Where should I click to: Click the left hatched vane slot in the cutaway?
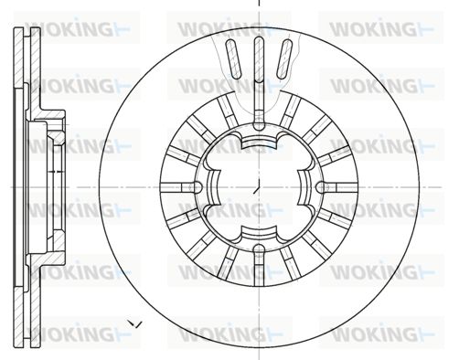pos(234,58)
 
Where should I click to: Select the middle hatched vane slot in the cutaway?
pos(259,59)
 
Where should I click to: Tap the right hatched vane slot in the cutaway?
pos(284,58)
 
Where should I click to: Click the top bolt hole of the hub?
pos(259,125)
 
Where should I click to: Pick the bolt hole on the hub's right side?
pos(321,187)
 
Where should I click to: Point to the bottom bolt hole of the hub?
pos(259,249)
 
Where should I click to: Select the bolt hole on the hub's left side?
pos(197,187)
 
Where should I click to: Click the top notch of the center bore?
pos(259,141)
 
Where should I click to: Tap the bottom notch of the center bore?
pos(259,233)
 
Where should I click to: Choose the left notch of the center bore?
pos(213,187)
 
